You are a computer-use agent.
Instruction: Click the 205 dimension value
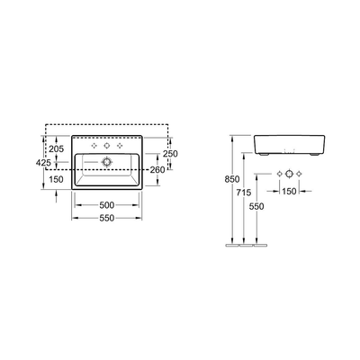coord(57,148)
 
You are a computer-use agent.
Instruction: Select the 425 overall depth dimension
coord(43,163)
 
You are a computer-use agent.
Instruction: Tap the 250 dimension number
coord(170,154)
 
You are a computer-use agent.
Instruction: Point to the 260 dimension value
coord(157,170)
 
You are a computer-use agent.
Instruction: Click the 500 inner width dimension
coord(107,205)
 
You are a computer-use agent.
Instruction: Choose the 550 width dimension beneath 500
coord(107,218)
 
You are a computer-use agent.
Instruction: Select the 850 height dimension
coord(232,179)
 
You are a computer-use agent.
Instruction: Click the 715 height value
coord(244,193)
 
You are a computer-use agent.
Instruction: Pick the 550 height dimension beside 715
coord(256,206)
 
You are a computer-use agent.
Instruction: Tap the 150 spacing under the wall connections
coord(289,191)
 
